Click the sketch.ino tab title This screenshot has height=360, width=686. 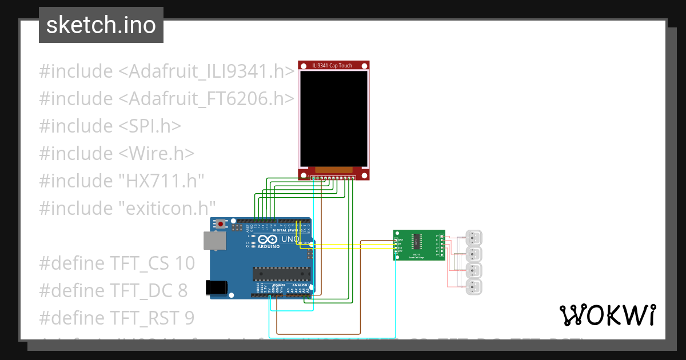coord(101,25)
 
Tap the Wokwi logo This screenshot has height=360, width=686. coord(607,315)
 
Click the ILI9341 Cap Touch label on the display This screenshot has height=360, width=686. coord(332,66)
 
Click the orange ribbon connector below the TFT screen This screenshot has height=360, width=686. coord(334,170)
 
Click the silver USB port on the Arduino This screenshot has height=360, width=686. coord(214,242)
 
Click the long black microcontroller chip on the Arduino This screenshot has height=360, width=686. coord(281,274)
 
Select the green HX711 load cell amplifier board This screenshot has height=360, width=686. coord(418,245)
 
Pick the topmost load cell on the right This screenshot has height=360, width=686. coord(474,237)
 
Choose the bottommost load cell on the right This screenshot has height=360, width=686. coord(474,287)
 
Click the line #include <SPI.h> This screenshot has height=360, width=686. coord(110,126)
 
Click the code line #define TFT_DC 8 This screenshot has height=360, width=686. coord(113,291)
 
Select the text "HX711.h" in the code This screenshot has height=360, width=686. coord(161,181)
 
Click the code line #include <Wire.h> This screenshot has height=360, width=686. coord(117,153)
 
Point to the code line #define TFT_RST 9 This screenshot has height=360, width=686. coord(117,318)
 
